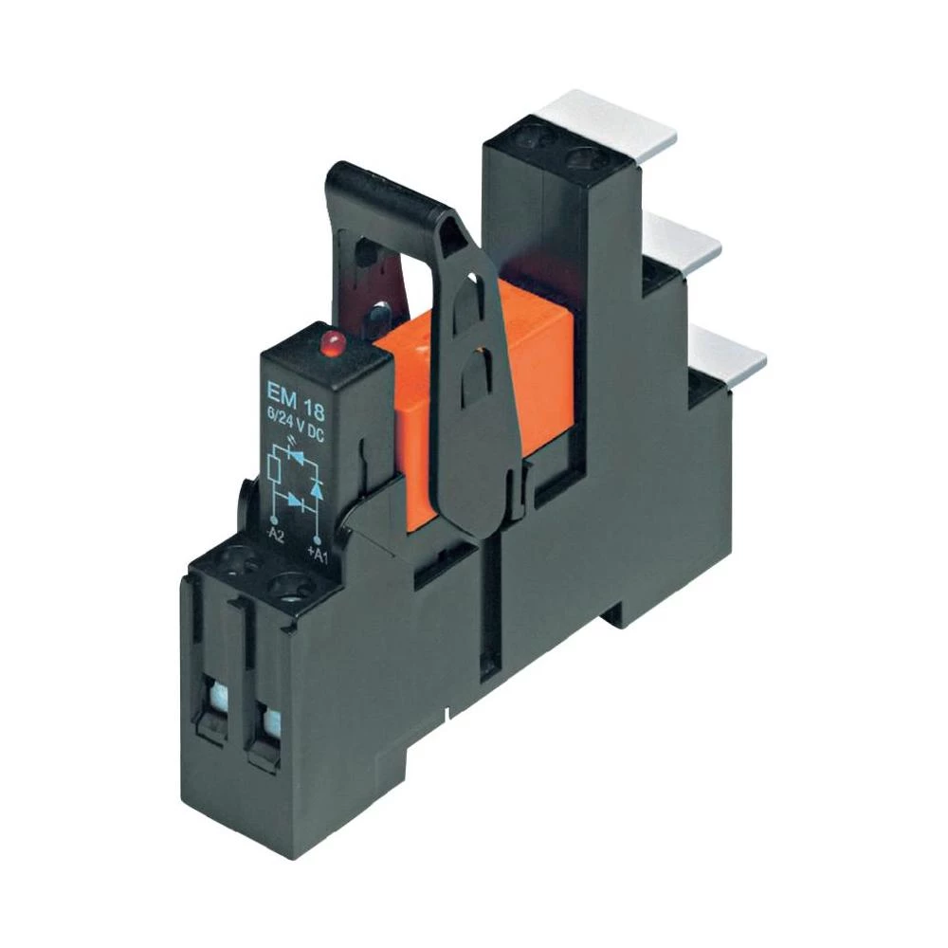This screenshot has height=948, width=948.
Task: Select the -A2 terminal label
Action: (x=275, y=537)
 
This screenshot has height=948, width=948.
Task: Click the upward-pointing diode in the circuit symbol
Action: (x=319, y=489)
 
